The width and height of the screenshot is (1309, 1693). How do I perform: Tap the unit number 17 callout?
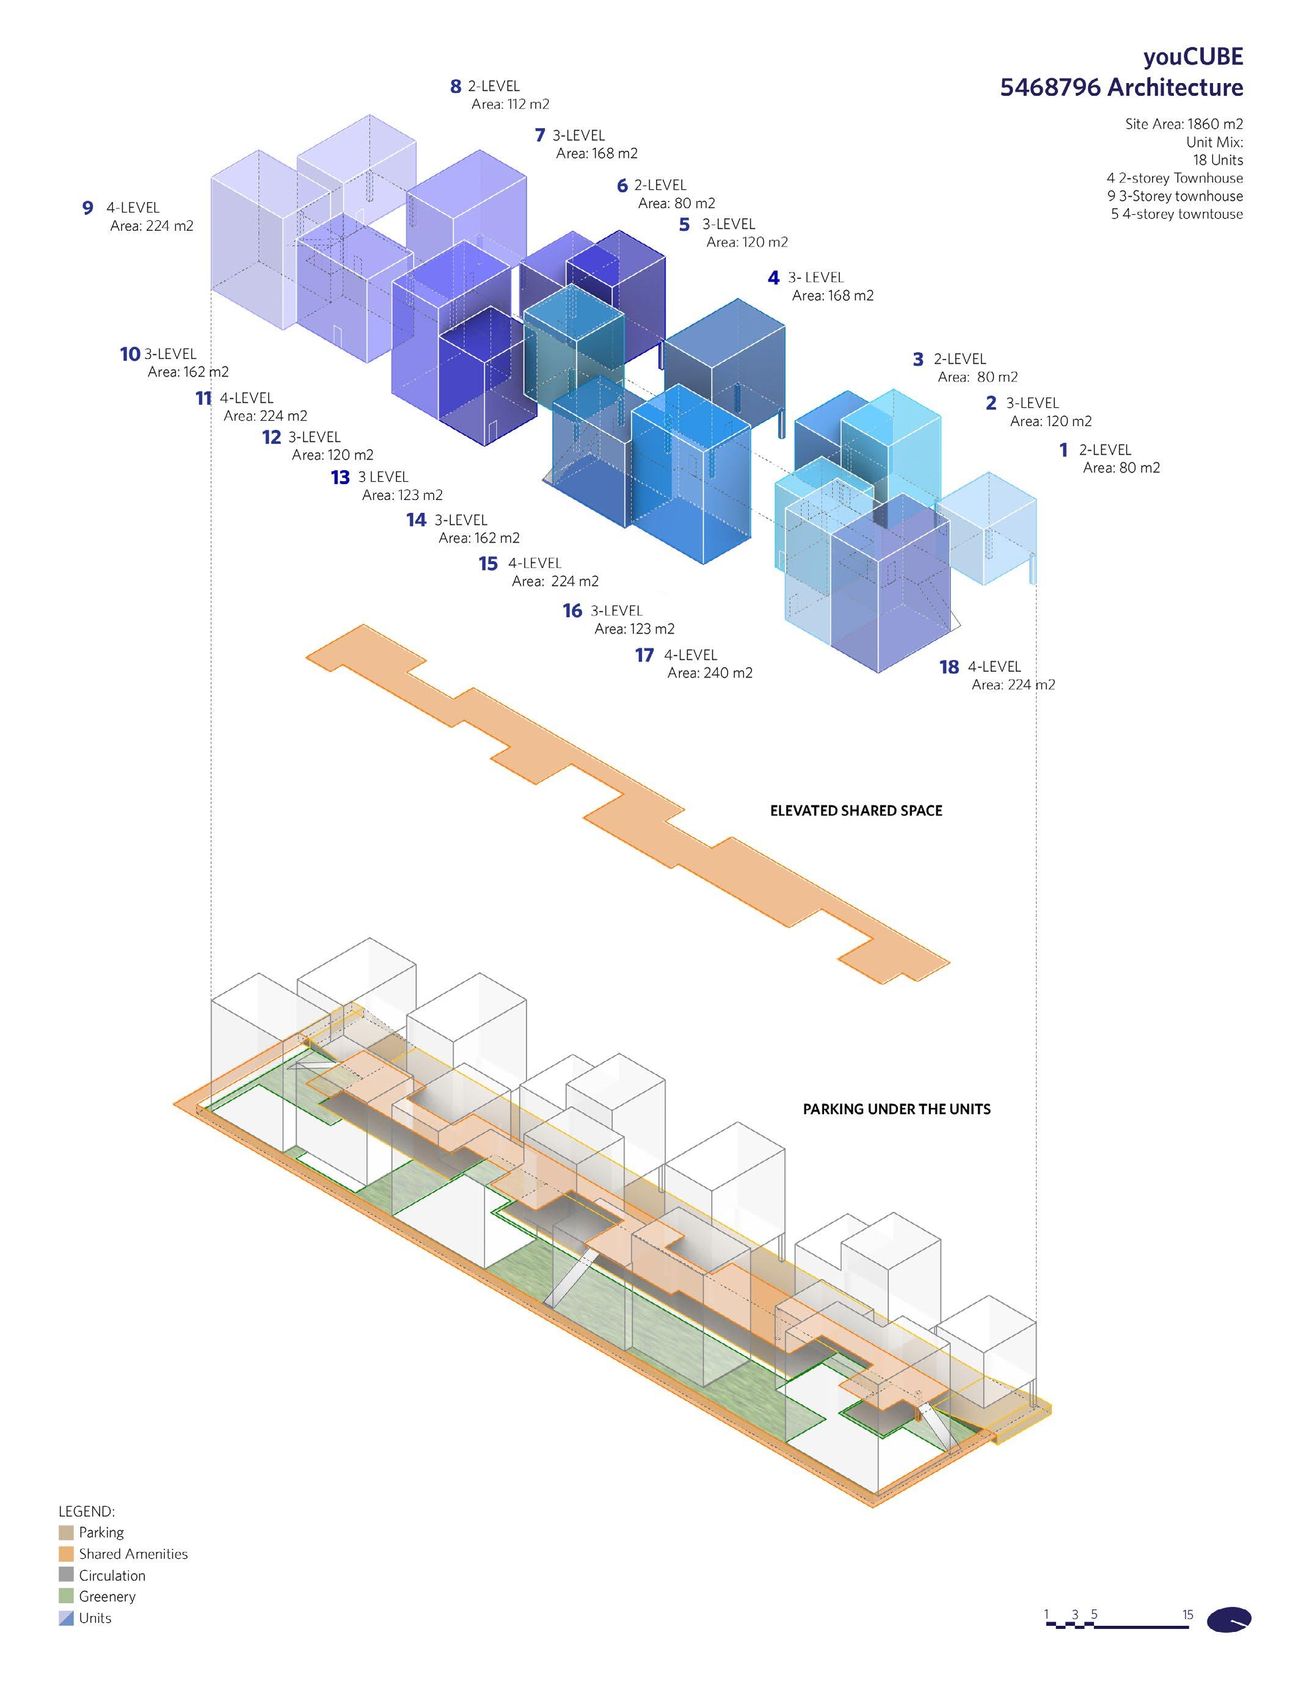click(644, 656)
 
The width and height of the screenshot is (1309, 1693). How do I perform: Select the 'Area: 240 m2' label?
click(710, 673)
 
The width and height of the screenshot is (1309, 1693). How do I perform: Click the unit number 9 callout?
click(87, 208)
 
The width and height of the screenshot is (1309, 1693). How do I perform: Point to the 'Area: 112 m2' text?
click(510, 104)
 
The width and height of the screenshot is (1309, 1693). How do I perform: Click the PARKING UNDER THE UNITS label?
click(897, 1109)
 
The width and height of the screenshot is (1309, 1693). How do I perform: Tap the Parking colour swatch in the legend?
click(66, 1532)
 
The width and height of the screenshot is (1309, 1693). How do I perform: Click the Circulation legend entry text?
click(112, 1575)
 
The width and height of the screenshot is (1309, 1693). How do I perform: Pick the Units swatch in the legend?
click(66, 1618)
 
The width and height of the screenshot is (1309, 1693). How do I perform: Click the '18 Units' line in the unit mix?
click(1217, 160)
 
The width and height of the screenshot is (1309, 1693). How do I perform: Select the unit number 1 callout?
click(1064, 449)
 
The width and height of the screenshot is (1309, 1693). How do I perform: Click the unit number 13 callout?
click(340, 477)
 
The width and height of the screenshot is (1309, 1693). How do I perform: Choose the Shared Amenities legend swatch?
click(66, 1554)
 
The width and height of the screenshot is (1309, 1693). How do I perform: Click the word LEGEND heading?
click(86, 1512)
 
